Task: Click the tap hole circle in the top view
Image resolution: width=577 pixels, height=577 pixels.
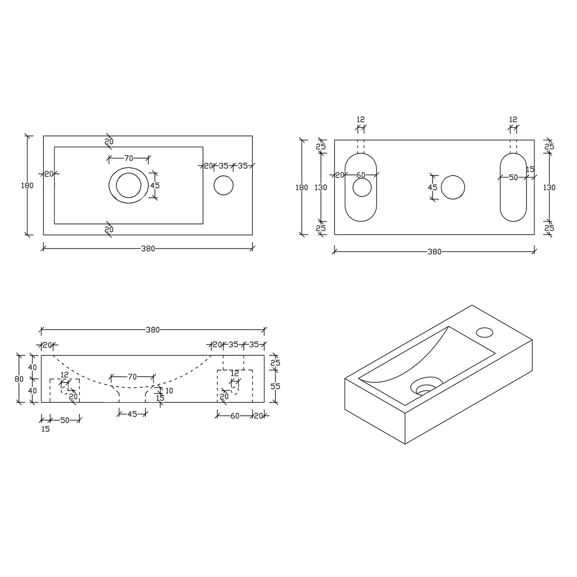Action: click(223, 185)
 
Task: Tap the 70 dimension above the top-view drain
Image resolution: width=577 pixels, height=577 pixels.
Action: click(129, 158)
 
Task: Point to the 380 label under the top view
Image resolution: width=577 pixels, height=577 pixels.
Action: click(148, 248)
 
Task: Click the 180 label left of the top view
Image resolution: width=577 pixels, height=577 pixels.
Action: click(27, 186)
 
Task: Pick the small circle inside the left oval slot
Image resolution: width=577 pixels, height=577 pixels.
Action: click(362, 187)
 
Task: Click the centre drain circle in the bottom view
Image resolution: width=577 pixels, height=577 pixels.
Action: click(453, 187)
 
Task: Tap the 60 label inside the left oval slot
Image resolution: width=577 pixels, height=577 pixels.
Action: click(361, 175)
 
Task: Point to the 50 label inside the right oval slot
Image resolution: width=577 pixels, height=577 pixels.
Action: click(513, 178)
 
